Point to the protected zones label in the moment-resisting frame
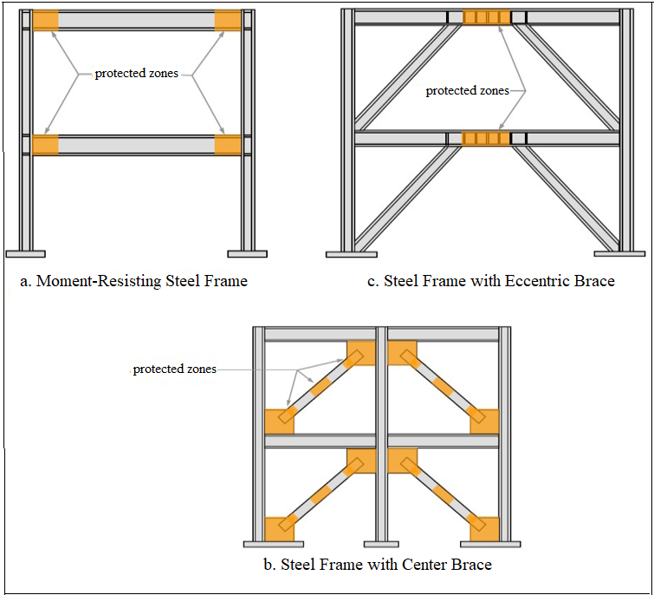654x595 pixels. [136, 74]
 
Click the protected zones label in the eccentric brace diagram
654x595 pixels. [467, 91]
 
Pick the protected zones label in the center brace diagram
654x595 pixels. [174, 369]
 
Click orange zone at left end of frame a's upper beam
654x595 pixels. [46, 20]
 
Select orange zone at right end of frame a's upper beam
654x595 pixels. [229, 20]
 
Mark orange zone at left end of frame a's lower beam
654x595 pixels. [46, 145]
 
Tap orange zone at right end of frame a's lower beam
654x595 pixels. [229, 145]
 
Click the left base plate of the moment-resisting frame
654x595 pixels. [25, 253]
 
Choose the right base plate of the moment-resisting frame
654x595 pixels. [247, 253]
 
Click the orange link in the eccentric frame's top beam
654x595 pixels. [487, 17]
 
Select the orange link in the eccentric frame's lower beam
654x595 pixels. [487, 138]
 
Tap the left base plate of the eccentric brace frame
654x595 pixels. [351, 254]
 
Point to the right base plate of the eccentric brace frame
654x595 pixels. [620, 254]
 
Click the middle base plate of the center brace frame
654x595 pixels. [380, 544]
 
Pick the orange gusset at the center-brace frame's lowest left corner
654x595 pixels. [279, 527]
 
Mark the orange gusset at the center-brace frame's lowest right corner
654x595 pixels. [484, 527]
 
